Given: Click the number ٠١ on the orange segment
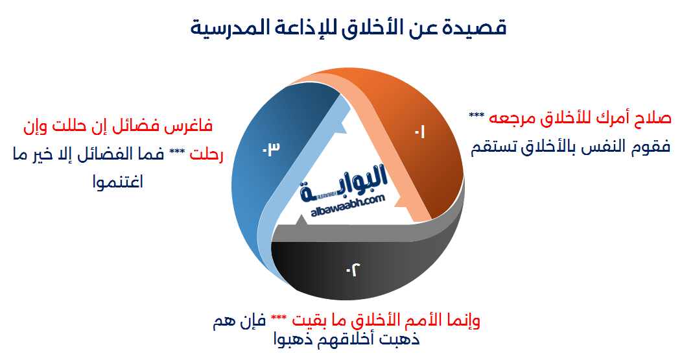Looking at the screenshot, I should (x=419, y=132).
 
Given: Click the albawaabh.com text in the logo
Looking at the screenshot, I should (x=349, y=202).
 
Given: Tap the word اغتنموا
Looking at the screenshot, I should (x=119, y=182).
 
